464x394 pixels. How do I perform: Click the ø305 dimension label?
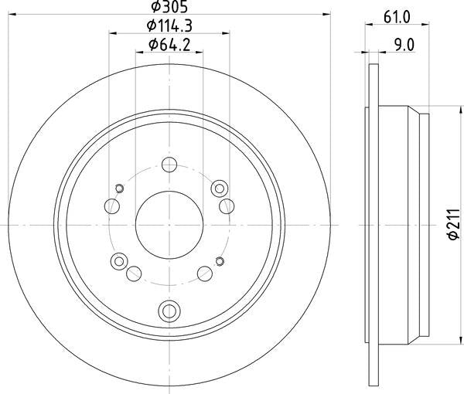pos(169,6)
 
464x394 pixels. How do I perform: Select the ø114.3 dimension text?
pos(169,26)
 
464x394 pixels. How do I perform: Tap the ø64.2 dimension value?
pos(169,45)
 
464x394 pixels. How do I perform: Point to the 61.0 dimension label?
pos(397,17)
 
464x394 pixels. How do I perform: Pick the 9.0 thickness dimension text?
pos(404,45)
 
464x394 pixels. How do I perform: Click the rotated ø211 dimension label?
pos(454,224)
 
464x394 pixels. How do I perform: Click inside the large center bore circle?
pos(169,225)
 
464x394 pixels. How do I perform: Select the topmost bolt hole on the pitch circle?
pos(169,165)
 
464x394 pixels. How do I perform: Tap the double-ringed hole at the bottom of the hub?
pos(169,311)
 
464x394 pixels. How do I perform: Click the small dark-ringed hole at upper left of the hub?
pos(119,189)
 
